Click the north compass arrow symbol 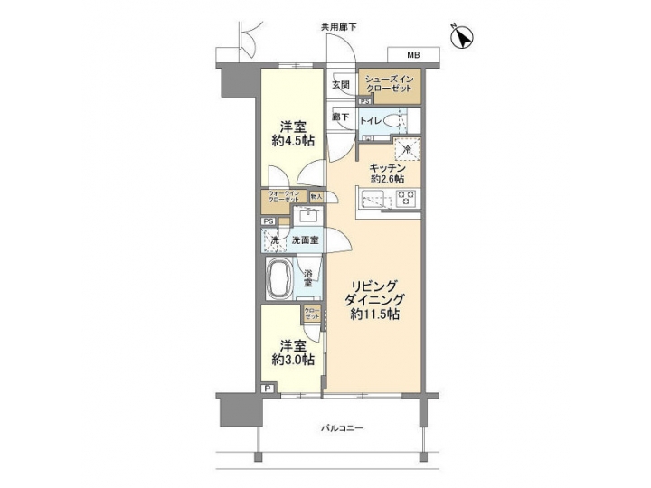(463, 38)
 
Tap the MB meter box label (400, 54)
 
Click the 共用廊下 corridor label (336, 27)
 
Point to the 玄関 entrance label (341, 85)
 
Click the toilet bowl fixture (392, 121)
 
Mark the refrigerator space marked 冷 (406, 148)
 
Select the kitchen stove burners (405, 200)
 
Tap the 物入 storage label (316, 195)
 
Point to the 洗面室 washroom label (305, 240)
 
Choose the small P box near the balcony (268, 389)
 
